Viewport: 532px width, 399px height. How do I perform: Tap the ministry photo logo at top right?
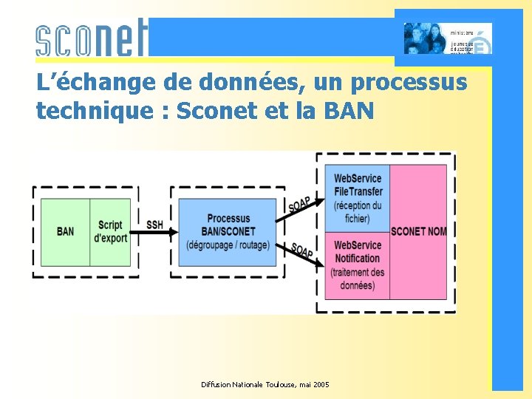coord(448,38)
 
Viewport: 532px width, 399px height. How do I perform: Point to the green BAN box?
coord(65,231)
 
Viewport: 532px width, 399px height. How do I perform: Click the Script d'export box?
coord(110,231)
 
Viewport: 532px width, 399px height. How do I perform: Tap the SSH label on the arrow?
coord(154,224)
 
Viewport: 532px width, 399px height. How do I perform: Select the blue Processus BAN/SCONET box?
coord(228,231)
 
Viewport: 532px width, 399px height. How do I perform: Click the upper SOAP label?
coord(299,204)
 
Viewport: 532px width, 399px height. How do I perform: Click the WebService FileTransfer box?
coord(358,198)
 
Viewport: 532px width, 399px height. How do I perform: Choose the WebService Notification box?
coord(358,265)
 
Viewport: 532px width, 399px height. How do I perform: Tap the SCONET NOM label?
coord(418,231)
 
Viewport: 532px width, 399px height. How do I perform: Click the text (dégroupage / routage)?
coord(228,245)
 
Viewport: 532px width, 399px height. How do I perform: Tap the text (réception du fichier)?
coord(358,212)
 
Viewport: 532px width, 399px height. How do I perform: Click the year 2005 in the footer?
coord(321,385)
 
